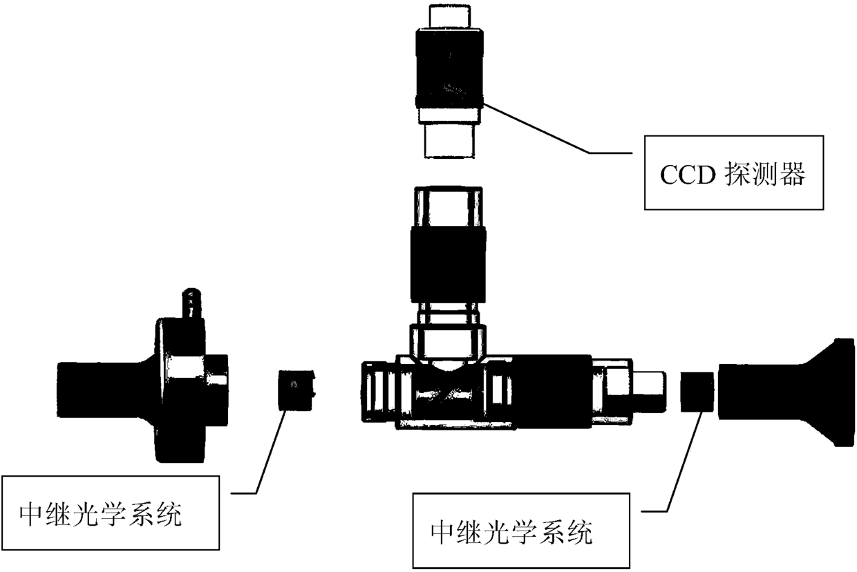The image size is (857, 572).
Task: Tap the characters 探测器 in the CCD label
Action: [x=764, y=175]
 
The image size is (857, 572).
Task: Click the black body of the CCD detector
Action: [x=449, y=66]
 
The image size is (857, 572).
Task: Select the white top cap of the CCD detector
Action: [x=449, y=17]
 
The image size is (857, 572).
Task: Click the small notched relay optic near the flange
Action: [x=296, y=390]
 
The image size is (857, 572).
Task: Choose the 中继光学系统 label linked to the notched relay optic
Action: [x=101, y=515]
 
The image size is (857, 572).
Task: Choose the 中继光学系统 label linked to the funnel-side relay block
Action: [x=511, y=532]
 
